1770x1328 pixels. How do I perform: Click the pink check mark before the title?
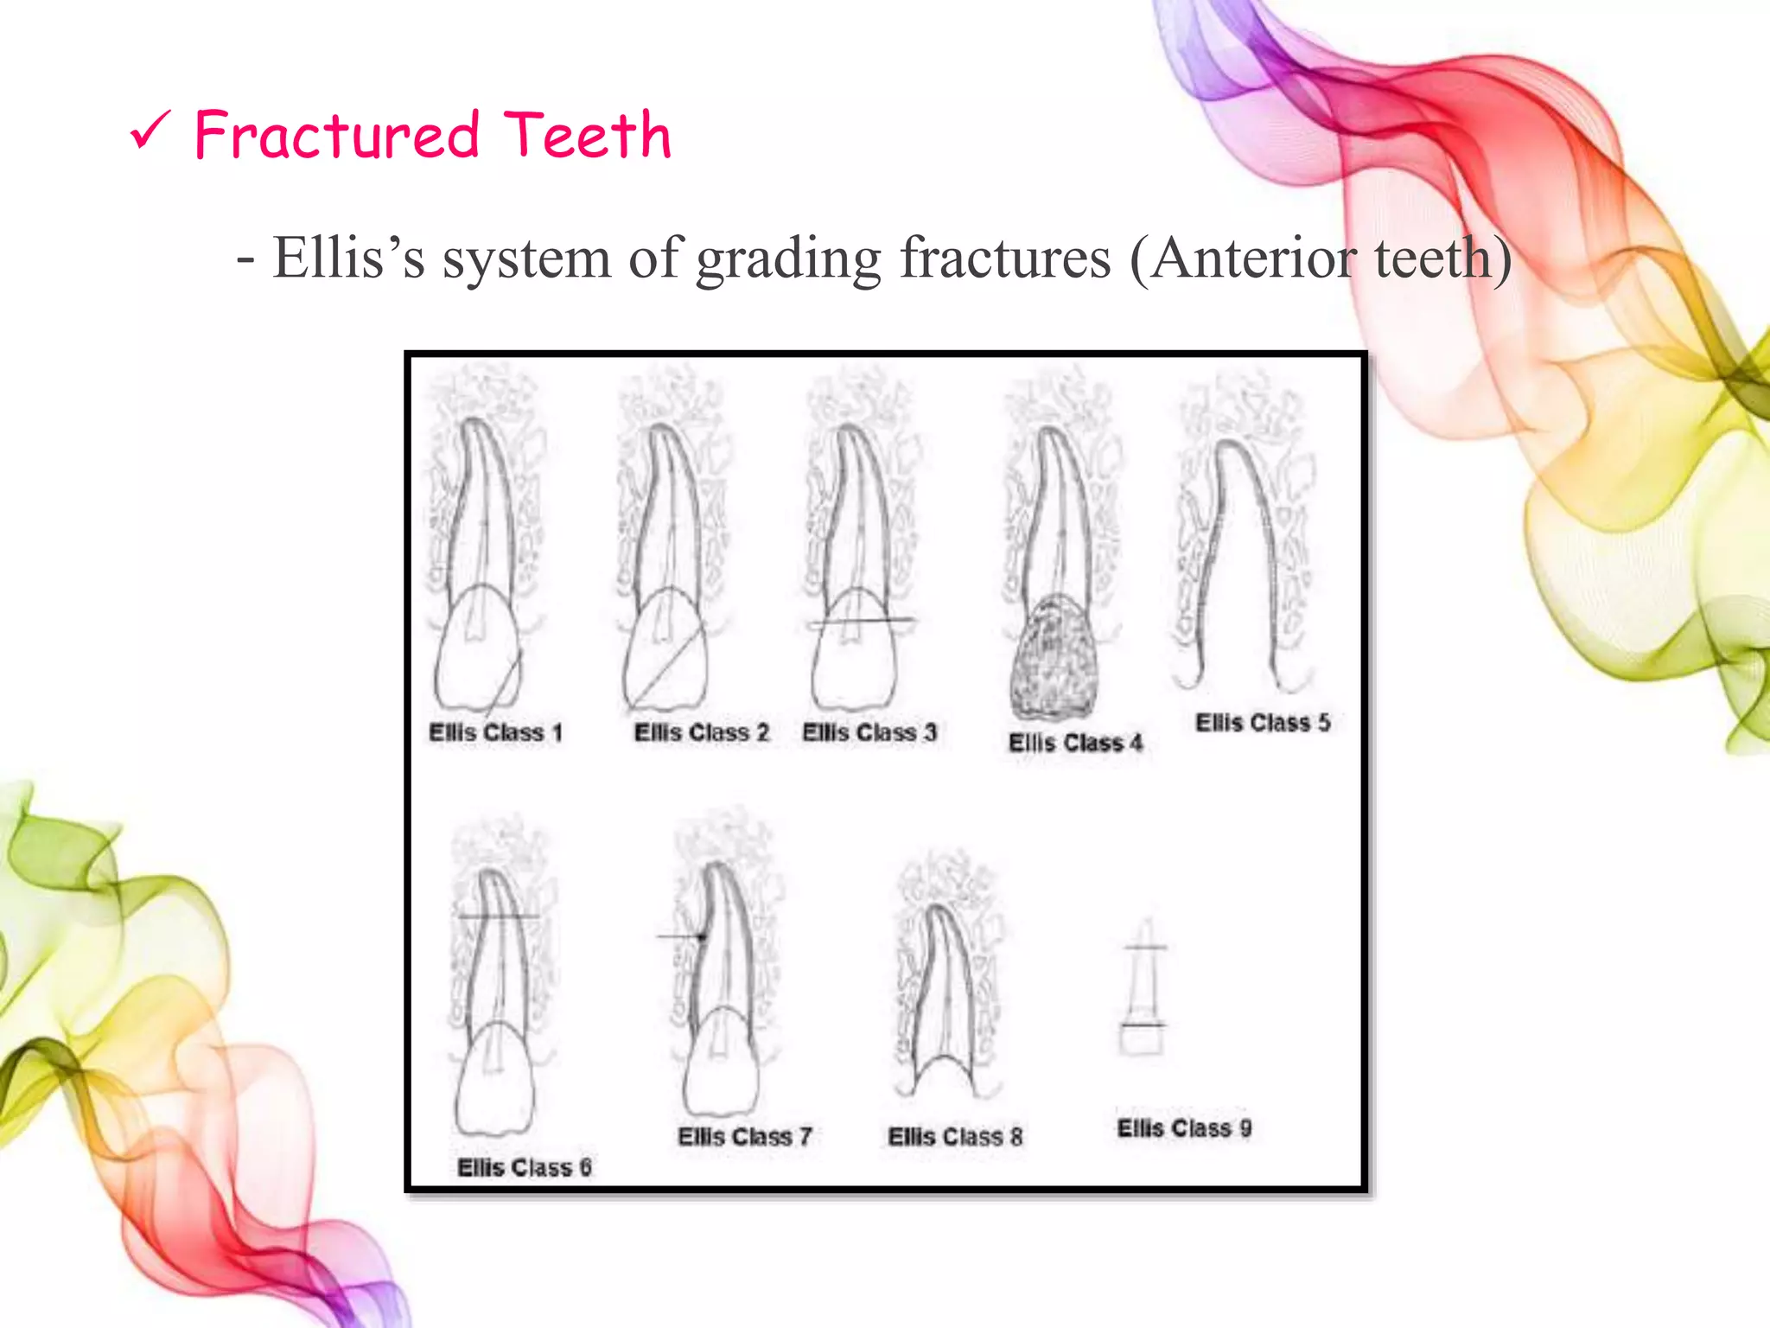coord(151,133)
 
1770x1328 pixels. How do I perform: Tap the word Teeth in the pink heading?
coord(588,136)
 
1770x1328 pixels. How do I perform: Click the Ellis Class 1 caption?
coord(496,733)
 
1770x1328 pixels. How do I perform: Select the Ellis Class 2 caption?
coord(701,733)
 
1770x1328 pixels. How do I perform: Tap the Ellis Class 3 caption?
coord(869,732)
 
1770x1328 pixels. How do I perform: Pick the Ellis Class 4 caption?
coord(1076,743)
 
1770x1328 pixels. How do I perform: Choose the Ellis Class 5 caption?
coord(1263,723)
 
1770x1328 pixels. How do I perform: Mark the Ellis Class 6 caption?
coord(525,1168)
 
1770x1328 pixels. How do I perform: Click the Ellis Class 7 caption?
coord(745,1136)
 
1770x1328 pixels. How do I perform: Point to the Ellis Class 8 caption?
coord(955,1136)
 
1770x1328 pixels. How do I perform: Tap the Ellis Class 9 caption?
coord(1184,1128)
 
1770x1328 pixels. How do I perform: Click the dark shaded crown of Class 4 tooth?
coord(1054,657)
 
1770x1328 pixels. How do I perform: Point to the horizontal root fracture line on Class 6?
coord(499,916)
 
